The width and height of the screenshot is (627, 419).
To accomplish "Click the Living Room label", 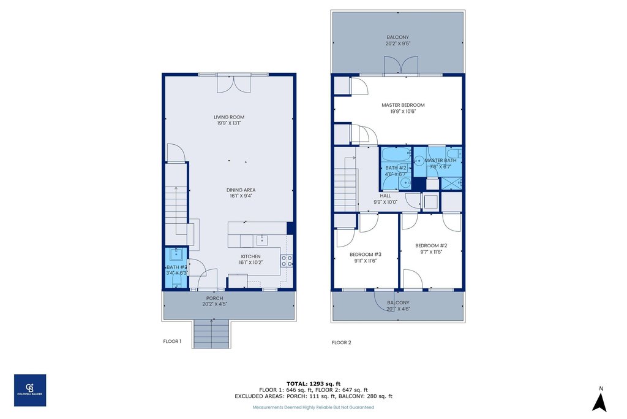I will point(228,120).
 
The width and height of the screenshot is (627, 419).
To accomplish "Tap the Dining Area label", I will point(241,193).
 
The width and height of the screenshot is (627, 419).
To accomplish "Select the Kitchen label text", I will point(250,259).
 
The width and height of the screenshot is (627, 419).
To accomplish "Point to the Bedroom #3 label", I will point(366,257).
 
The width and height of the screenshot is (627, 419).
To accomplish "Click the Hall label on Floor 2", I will point(385,199).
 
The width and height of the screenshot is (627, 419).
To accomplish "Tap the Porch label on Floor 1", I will point(214,301).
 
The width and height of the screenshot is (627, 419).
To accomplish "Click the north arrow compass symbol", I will point(601,401).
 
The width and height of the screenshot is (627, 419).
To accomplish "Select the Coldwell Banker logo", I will point(30,390).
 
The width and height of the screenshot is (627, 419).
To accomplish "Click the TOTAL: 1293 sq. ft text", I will point(313,383).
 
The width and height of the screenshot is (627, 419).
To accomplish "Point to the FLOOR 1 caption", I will point(172,341).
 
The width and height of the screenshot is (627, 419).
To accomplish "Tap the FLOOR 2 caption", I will point(341,342).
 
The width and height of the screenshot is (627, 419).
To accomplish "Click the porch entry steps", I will point(210,335).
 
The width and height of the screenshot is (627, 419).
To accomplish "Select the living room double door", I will point(233,83).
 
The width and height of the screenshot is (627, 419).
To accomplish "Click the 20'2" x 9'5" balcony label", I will point(397,40).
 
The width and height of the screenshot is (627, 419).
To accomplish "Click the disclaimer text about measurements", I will point(313,407).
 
